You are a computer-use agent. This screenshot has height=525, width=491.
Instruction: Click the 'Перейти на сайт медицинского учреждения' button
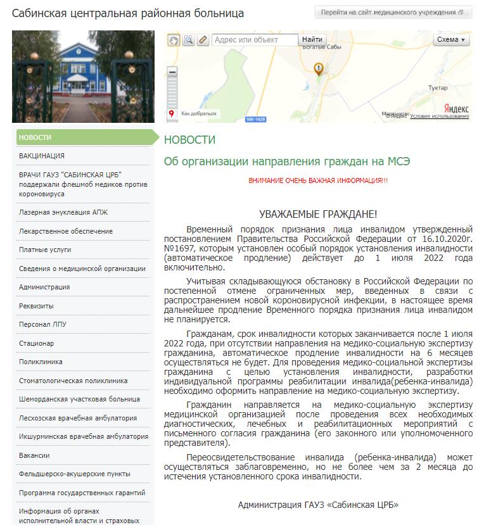(393, 13)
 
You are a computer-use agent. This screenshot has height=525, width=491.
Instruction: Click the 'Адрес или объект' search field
(255, 40)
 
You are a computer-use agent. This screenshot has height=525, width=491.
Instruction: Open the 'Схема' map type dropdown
(451, 40)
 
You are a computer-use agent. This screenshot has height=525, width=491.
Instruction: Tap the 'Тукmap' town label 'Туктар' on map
(437, 88)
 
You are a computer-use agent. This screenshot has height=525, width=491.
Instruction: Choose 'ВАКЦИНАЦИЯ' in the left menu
(42, 156)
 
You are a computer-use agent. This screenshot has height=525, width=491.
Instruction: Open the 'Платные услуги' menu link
(45, 250)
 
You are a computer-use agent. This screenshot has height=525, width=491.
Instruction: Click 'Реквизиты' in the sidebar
(37, 306)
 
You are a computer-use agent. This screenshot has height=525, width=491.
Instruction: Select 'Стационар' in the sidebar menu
(37, 343)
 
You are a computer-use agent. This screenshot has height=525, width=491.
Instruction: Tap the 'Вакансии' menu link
(34, 455)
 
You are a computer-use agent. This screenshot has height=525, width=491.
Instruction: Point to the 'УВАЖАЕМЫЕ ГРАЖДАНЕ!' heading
(318, 215)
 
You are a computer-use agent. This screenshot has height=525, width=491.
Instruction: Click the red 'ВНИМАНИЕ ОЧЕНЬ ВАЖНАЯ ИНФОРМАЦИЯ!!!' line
(318, 181)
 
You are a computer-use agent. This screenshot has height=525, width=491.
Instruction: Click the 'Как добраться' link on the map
(198, 114)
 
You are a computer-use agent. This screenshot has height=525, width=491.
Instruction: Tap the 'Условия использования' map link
(439, 116)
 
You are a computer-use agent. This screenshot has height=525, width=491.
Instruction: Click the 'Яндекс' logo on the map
(456, 108)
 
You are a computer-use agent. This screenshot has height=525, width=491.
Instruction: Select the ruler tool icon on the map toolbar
(203, 40)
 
